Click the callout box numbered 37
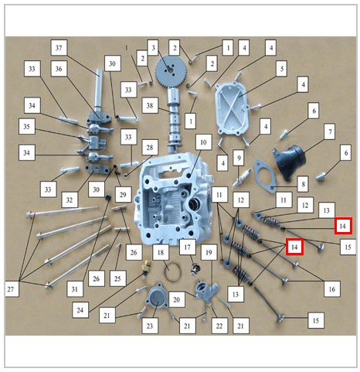click(59, 47)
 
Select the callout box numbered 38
click(150, 105)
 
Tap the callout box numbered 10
click(203, 142)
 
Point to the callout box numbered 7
click(330, 131)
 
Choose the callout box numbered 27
click(11, 289)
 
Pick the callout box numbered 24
click(80, 309)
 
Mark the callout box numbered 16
click(331, 289)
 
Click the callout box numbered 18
click(161, 252)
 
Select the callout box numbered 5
click(282, 68)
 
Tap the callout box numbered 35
click(27, 126)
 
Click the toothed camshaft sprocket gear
click(171, 69)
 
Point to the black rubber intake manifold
click(290, 162)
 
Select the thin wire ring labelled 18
click(172, 272)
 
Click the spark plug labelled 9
click(241, 178)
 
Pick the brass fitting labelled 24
click(146, 267)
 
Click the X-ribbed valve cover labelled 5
click(232, 107)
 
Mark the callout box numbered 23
click(150, 326)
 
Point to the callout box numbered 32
click(70, 200)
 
